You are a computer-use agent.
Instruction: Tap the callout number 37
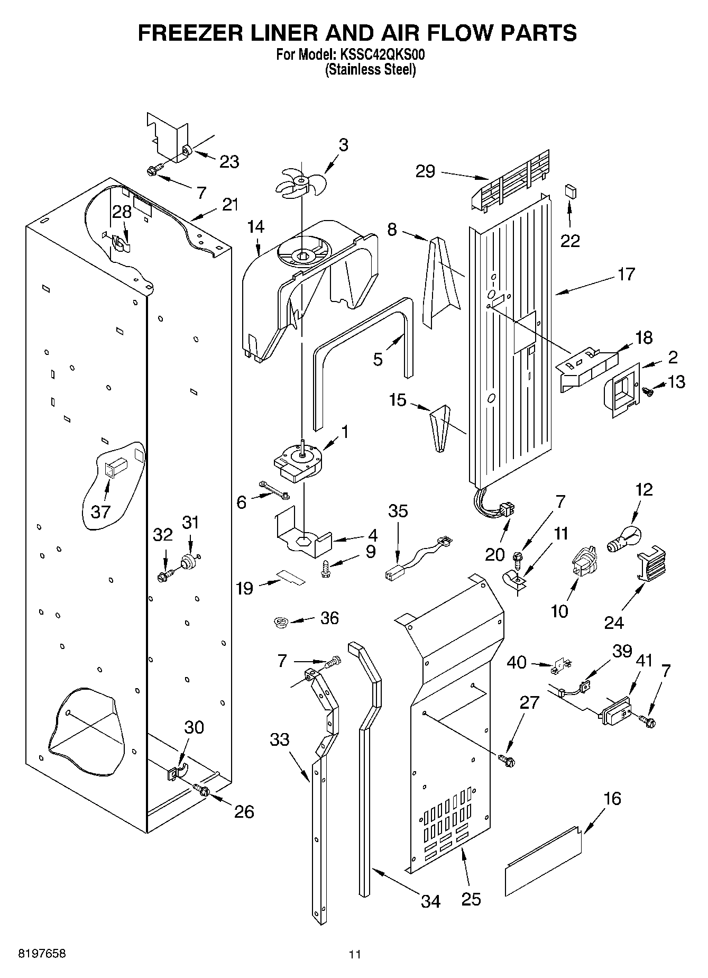(100, 511)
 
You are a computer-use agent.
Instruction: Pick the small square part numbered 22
(570, 190)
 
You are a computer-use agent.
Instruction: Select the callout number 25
(471, 899)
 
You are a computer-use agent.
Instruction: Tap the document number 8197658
(34, 954)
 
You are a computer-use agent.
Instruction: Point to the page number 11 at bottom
(354, 955)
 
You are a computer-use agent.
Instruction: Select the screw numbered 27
(507, 760)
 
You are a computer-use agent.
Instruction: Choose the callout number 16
(612, 798)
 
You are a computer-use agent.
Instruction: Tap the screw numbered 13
(647, 391)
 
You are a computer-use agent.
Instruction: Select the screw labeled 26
(202, 791)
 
